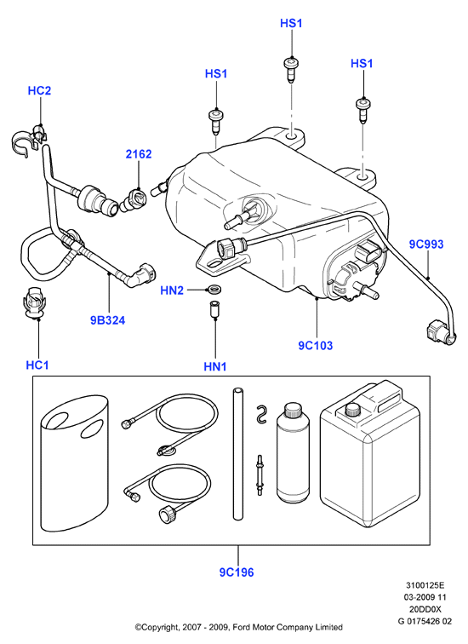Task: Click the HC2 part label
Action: pyautogui.click(x=39, y=90)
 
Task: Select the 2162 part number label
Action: pyautogui.click(x=139, y=154)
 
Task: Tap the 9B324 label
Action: pyautogui.click(x=107, y=320)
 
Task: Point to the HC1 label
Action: pyautogui.click(x=37, y=365)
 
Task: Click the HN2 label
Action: pyautogui.click(x=172, y=290)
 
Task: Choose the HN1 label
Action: pyautogui.click(x=215, y=366)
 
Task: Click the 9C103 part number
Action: pyautogui.click(x=316, y=345)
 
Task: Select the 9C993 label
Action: pyautogui.click(x=426, y=244)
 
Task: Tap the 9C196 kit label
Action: pyautogui.click(x=237, y=572)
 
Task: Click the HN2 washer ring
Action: pyautogui.click(x=214, y=290)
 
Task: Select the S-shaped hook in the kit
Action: pyautogui.click(x=261, y=414)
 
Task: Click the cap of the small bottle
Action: pyautogui.click(x=294, y=410)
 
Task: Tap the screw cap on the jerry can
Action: pyautogui.click(x=353, y=410)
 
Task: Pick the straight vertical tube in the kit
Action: pyautogui.click(x=238, y=453)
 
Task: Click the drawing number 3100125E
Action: pyautogui.click(x=425, y=585)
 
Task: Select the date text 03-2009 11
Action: pyautogui.click(x=425, y=597)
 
